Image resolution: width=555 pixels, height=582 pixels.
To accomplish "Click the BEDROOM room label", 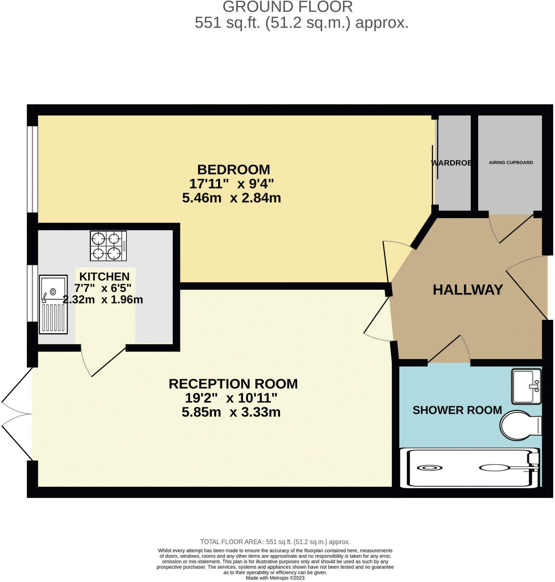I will (233, 170).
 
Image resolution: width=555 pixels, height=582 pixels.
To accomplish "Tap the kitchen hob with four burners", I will (108, 246).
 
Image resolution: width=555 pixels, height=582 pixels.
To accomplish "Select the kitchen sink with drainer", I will (53, 304).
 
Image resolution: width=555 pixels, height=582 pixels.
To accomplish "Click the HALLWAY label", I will (468, 290).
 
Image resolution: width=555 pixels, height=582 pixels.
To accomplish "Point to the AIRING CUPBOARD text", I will (511, 162).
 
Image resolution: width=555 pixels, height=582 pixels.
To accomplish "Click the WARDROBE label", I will (452, 163).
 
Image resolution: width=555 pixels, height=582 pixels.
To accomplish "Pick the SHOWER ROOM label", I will (457, 410).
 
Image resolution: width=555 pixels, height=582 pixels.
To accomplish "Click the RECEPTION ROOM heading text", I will (233, 384).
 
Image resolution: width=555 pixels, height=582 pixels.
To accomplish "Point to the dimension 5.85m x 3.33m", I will (231, 412).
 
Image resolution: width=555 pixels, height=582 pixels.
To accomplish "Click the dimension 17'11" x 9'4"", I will (231, 184).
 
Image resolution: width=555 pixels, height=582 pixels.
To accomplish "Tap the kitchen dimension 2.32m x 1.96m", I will (103, 300).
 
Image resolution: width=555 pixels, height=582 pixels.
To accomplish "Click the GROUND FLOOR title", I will (287, 7).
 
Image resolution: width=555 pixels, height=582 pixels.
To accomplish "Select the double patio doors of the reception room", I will (18, 414).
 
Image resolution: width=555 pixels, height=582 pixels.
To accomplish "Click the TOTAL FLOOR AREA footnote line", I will (275, 542).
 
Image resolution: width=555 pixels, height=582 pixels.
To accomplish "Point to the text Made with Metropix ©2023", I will (275, 578).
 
